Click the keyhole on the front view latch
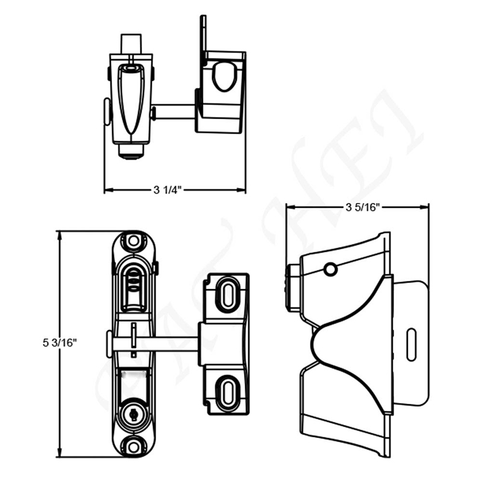click(x=132, y=415)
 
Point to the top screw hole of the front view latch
click(x=132, y=240)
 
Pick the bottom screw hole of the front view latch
click(x=132, y=446)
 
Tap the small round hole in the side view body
click(x=330, y=269)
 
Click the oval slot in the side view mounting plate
click(x=411, y=345)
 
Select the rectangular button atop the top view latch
click(x=131, y=43)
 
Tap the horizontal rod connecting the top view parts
click(x=175, y=111)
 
